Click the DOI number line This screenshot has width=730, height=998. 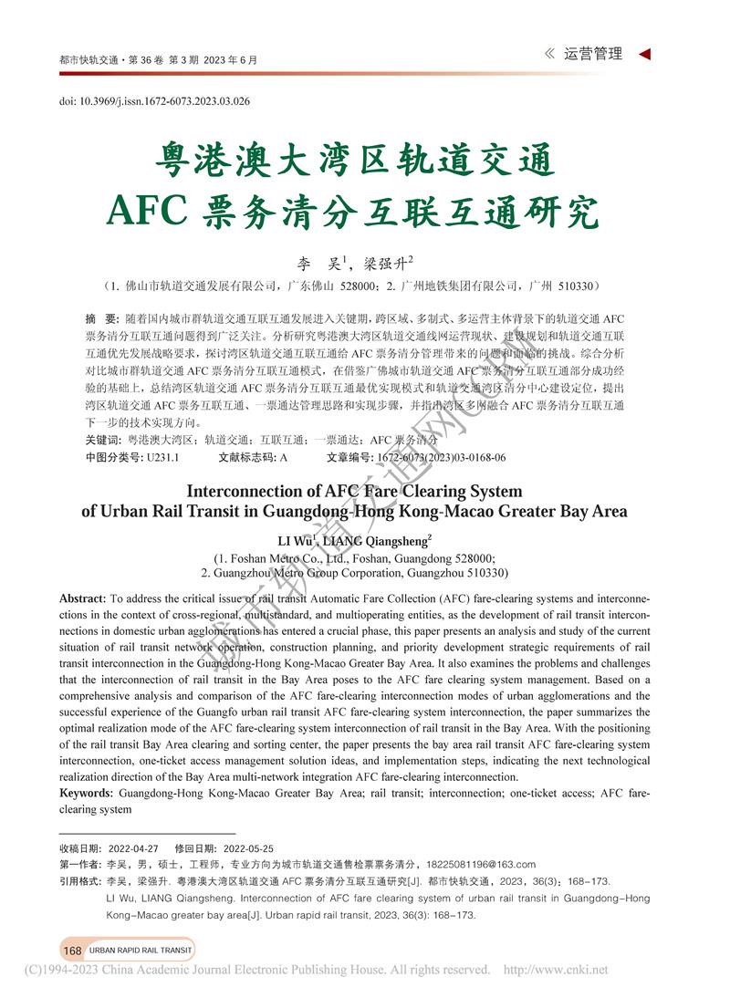pyautogui.click(x=155, y=101)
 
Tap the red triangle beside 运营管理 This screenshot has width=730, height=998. pyautogui.click(x=644, y=55)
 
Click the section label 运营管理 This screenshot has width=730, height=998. pyautogui.click(x=593, y=55)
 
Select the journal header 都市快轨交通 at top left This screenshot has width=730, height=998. pyautogui.click(x=89, y=60)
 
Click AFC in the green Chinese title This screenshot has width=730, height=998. pyautogui.click(x=147, y=211)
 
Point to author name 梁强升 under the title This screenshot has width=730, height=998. pyautogui.click(x=385, y=264)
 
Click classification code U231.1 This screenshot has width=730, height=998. pyautogui.click(x=162, y=457)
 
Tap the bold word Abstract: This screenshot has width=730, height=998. pyautogui.click(x=82, y=598)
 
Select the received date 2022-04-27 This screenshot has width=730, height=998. pyautogui.click(x=133, y=847)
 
